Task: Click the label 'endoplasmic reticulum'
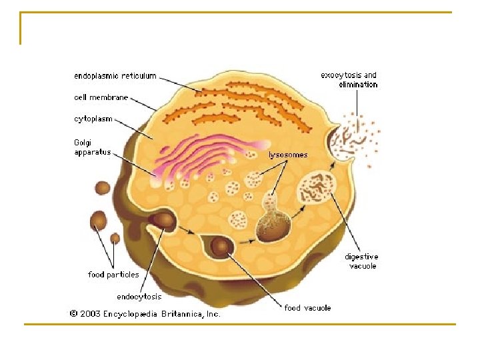(x=115, y=76)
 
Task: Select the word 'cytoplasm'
(x=93, y=119)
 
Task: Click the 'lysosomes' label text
(x=288, y=155)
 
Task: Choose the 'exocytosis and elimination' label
(x=349, y=80)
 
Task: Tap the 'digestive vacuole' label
(x=361, y=261)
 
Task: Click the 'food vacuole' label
(x=307, y=308)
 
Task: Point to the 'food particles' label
(x=113, y=275)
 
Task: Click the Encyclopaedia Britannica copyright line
(x=143, y=313)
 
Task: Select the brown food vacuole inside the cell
(x=221, y=248)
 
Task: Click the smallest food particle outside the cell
(x=115, y=238)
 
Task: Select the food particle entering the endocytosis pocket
(x=162, y=221)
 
